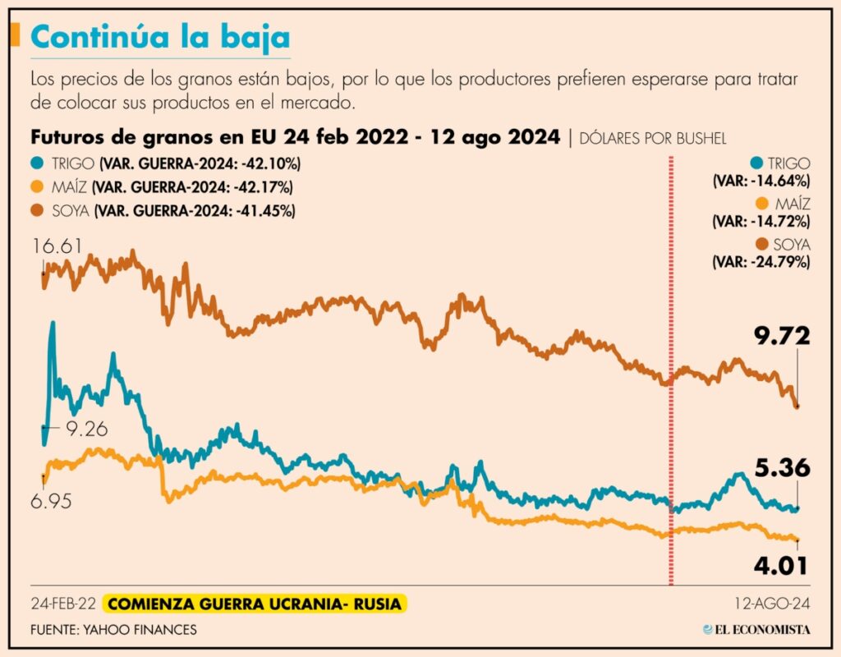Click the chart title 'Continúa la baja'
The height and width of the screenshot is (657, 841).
[x=159, y=39]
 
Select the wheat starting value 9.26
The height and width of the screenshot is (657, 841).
[x=87, y=429]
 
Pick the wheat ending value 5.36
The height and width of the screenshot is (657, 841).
[x=783, y=468]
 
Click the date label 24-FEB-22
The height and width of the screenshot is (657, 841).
[x=62, y=604]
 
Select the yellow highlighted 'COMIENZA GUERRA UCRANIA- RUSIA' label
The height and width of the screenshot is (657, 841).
[x=255, y=604]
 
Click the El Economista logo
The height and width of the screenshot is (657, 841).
[x=756, y=630]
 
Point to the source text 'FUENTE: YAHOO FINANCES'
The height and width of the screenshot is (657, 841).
[x=114, y=630]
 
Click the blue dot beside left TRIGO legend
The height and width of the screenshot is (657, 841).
[x=37, y=163]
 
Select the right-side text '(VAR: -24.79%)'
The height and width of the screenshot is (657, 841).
[x=761, y=262]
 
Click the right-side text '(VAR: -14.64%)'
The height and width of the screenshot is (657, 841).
[x=761, y=181]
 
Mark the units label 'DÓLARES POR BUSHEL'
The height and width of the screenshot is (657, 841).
[x=654, y=138]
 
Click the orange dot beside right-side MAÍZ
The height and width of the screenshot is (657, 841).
[x=761, y=204]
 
